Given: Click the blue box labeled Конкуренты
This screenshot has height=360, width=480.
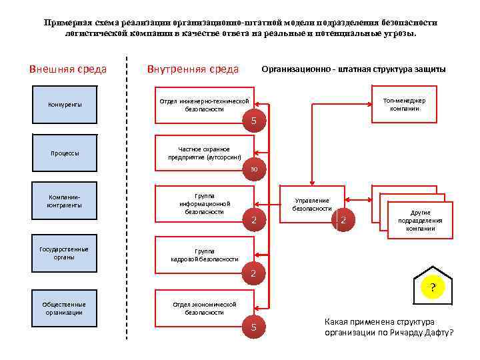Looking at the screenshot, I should tap(65, 105).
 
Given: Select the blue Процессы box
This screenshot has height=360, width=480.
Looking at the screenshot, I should tap(65, 153).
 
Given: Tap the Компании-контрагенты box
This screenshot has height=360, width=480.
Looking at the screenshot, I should tap(65, 201).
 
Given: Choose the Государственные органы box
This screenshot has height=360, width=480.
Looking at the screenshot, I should tap(65, 253).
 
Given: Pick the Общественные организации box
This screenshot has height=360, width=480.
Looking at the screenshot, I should tap(65, 308).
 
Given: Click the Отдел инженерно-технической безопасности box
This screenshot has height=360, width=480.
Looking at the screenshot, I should tap(204, 105).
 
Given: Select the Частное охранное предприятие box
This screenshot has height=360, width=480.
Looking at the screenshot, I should tap(204, 153).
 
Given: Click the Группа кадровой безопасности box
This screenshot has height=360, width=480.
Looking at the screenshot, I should tap(204, 255).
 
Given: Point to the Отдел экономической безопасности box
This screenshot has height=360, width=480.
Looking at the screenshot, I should tap(204, 308).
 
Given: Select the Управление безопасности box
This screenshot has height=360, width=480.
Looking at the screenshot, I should tap(311, 205).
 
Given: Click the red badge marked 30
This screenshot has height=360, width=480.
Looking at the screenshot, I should tap(254, 169).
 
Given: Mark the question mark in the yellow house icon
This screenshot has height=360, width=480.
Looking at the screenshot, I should tap(433, 288).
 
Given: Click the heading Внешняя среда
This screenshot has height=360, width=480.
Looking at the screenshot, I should tap(68, 69).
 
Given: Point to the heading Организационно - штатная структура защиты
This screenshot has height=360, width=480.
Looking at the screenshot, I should tap(353, 69).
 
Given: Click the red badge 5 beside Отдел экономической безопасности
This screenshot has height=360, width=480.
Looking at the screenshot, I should tap(253, 327).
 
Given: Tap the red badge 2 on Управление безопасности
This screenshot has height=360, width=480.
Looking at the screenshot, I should tap(343, 220).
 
